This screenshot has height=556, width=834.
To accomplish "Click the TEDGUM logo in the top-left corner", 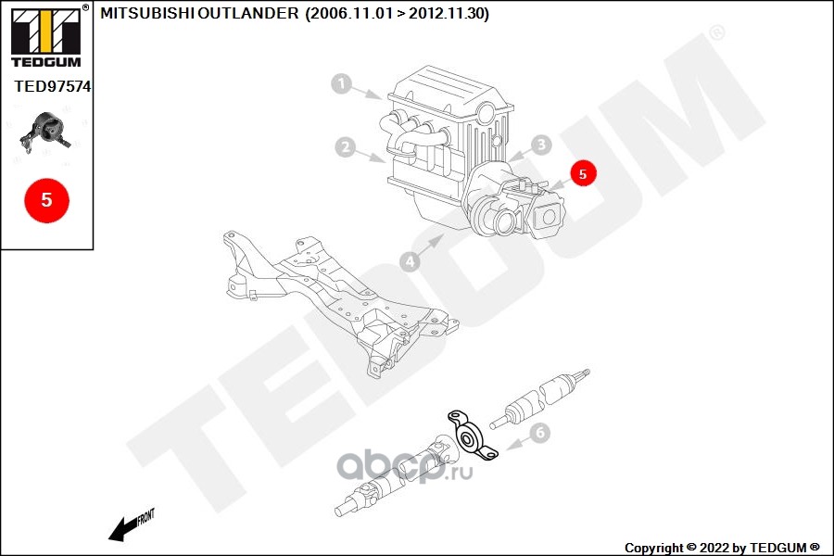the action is pyautogui.click(x=46, y=36).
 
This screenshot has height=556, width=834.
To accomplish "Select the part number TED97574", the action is pyautogui.click(x=52, y=86).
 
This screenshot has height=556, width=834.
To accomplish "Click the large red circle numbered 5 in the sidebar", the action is pyautogui.click(x=47, y=200).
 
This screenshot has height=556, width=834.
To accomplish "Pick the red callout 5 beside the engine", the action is pyautogui.click(x=583, y=173).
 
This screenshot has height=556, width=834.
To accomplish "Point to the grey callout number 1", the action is pyautogui.click(x=341, y=83).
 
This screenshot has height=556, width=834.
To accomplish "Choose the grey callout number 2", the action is pyautogui.click(x=346, y=146).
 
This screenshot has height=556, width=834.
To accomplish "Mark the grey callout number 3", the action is pyautogui.click(x=541, y=145).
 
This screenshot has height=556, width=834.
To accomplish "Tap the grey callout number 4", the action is pyautogui.click(x=411, y=261).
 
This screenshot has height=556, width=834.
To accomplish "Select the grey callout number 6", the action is pyautogui.click(x=540, y=433).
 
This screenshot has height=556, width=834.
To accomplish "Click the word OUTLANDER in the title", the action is pyautogui.click(x=249, y=13).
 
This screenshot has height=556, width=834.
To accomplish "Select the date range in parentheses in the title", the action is pyautogui.click(x=397, y=13).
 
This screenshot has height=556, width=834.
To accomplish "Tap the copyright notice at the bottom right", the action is pyautogui.click(x=722, y=548).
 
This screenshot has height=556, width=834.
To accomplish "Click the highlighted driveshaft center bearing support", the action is pyautogui.click(x=472, y=436).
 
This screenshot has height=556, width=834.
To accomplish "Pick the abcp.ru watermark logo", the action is pyautogui.click(x=405, y=467).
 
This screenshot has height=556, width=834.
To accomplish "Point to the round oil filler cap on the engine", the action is pyautogui.click(x=486, y=113).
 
